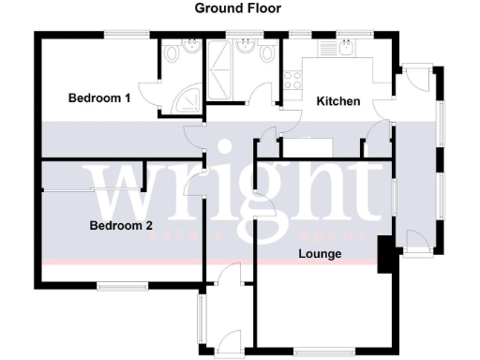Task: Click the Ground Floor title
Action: tap(238, 8)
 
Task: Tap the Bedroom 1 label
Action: tap(99, 97)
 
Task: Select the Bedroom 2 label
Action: tap(121, 226)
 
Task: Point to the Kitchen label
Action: tap(338, 101)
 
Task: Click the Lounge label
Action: tap(320, 254)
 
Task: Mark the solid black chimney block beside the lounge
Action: tap(383, 255)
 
